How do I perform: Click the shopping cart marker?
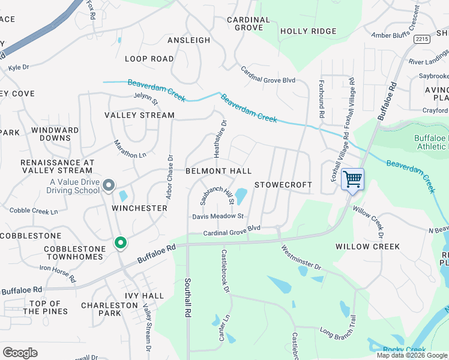352,179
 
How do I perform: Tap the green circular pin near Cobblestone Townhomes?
121,243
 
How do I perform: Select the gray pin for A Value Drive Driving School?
109,185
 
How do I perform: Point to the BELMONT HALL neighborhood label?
218,172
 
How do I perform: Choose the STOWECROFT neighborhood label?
283,185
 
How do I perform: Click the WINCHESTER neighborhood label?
139,208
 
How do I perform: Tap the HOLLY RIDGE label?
308,31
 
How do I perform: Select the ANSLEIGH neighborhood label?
188,40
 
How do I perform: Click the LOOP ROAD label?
149,59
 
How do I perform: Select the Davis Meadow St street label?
217,216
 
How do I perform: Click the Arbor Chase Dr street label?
170,178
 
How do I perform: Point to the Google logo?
20,353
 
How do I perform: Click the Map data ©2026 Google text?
412,355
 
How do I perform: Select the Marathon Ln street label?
130,149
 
